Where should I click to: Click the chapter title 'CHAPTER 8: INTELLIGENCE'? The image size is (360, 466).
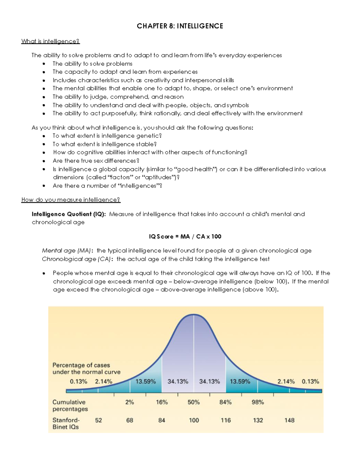(x=180, y=26)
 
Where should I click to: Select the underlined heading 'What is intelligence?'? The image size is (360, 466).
(x=50, y=41)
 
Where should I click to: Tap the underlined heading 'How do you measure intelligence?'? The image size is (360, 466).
(x=71, y=200)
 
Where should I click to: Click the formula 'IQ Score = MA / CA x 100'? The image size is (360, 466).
(x=185, y=236)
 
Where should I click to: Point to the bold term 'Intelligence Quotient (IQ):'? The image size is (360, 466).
(x=69, y=214)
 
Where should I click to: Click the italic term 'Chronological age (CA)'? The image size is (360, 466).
(x=76, y=259)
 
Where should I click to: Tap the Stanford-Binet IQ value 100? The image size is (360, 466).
(x=194, y=420)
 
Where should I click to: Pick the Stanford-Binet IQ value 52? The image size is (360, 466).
(x=98, y=420)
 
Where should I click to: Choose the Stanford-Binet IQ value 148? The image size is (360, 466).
(x=289, y=420)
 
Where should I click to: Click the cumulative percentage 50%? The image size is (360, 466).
(x=193, y=402)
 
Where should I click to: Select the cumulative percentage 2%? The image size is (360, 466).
(x=130, y=402)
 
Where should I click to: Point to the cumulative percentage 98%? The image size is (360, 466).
(x=258, y=402)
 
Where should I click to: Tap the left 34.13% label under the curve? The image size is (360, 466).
(x=178, y=381)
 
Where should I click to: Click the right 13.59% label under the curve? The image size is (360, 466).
(x=240, y=381)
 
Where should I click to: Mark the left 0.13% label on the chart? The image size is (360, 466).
(x=79, y=381)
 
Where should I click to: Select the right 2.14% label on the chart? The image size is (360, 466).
(x=286, y=381)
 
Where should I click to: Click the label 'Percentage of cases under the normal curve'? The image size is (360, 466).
(x=86, y=368)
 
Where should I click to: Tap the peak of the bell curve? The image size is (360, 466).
(x=194, y=314)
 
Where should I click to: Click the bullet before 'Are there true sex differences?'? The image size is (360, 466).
(x=44, y=161)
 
